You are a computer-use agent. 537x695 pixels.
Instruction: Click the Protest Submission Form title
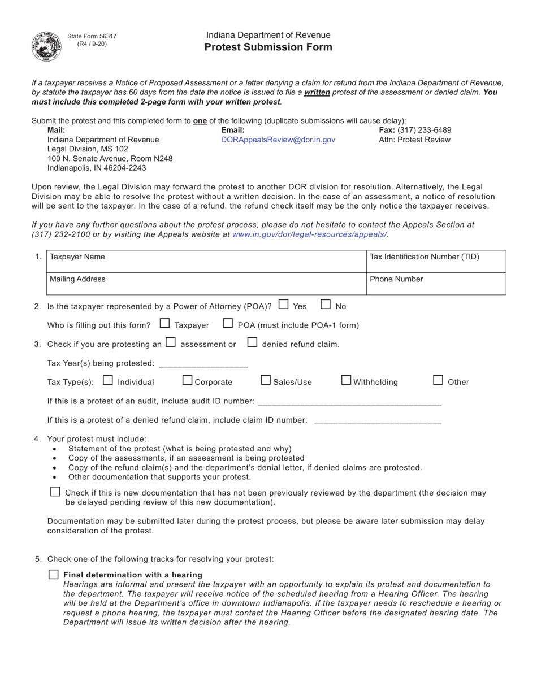point(268,47)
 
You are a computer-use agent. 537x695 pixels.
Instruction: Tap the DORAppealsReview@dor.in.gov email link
point(278,140)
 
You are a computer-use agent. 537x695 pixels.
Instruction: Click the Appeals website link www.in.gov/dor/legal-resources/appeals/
point(310,234)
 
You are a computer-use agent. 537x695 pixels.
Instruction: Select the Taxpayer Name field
point(206,261)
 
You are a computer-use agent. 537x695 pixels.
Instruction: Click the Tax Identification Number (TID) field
point(436,261)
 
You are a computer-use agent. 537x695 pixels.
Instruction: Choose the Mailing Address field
point(206,284)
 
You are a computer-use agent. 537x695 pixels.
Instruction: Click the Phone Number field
point(436,284)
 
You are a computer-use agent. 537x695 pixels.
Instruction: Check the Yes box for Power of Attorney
point(284,305)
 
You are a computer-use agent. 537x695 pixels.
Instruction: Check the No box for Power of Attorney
point(326,305)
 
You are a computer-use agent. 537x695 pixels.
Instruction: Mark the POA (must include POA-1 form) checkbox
point(228,324)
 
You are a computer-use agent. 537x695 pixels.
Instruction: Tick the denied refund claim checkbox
point(253,342)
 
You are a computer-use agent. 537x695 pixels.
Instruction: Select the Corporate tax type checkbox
point(188,381)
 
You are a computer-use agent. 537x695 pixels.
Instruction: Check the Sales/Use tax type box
point(266,381)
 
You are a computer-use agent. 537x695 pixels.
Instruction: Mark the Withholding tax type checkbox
point(347,381)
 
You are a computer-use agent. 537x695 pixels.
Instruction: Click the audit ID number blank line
point(349,401)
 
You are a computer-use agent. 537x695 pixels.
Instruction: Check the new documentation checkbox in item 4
point(55,492)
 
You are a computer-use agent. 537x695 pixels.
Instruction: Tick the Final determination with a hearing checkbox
point(54,575)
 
